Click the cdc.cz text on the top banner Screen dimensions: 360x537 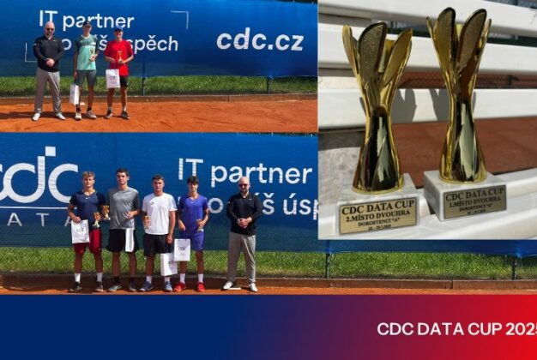259,39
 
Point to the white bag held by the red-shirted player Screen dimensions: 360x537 112,79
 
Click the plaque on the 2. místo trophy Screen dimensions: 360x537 377,215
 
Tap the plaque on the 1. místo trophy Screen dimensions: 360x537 474,201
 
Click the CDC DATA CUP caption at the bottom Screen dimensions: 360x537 455,329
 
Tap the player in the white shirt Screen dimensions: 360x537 158,227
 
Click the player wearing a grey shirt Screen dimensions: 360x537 123,225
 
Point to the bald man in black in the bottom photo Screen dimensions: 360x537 243,230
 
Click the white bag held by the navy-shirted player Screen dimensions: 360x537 80,231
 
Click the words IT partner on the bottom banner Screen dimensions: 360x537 244,172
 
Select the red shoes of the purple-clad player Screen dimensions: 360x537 190,287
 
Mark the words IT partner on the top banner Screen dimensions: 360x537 86,20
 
